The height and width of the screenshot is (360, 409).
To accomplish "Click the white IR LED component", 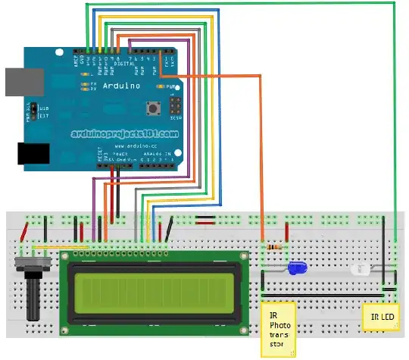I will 358,268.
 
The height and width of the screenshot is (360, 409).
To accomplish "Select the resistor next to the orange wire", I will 273,248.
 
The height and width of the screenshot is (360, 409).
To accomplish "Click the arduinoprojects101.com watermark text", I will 125,132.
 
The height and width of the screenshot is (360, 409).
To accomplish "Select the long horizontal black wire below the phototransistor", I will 326,292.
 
